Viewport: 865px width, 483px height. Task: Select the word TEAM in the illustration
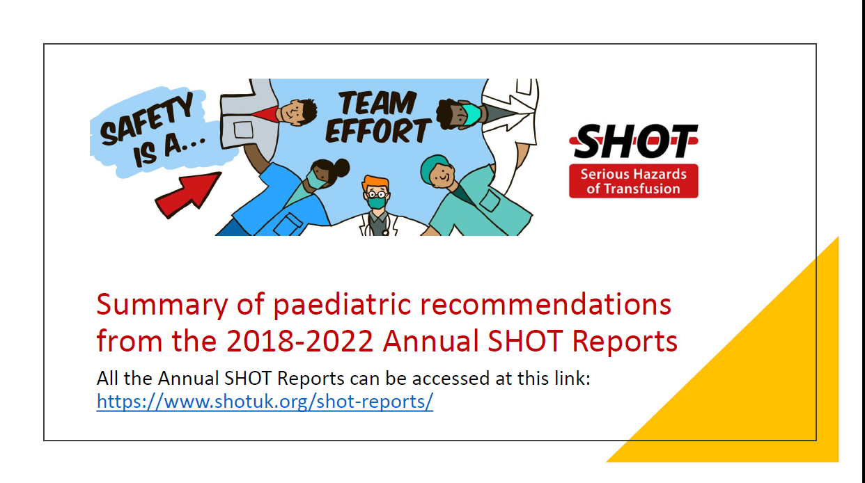click(377, 104)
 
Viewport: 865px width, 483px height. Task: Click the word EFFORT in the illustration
click(377, 132)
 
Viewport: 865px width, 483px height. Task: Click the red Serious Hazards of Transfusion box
click(633, 181)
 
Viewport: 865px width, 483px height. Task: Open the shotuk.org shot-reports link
click(265, 402)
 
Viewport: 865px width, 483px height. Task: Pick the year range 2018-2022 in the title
click(299, 341)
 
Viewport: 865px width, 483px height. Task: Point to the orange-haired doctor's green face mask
click(377, 202)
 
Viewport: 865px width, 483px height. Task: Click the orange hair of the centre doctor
click(376, 183)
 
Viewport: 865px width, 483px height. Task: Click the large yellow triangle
click(766, 390)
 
